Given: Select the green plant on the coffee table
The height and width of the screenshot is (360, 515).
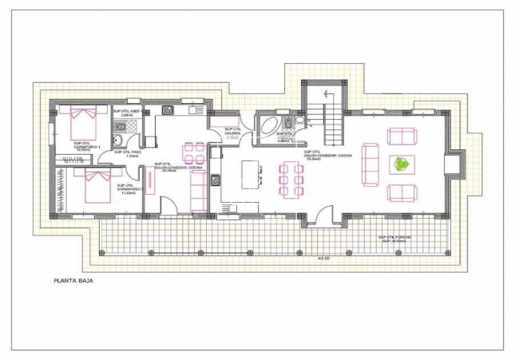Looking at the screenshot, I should [x=403, y=164].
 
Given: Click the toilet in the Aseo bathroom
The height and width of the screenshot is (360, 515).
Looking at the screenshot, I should [x=117, y=142].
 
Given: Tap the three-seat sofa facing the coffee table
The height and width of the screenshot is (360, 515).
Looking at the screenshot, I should [x=370, y=164].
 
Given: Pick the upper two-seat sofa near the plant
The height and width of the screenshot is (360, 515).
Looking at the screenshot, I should [x=401, y=136].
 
